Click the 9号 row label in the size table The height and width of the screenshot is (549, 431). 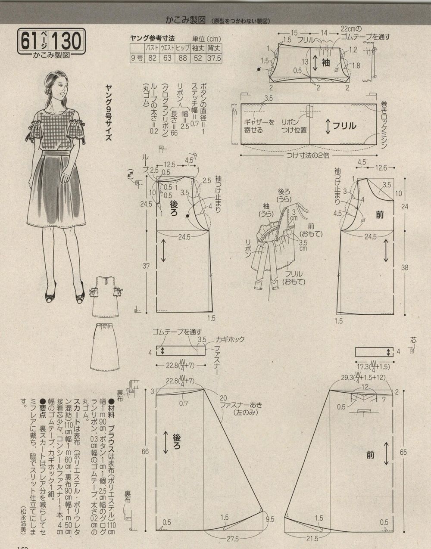137,58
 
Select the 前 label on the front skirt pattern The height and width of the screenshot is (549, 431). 370,454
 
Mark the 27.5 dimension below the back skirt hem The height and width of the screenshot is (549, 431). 233,538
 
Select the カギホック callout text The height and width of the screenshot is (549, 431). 226,339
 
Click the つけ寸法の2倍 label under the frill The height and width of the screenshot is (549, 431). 309,156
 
